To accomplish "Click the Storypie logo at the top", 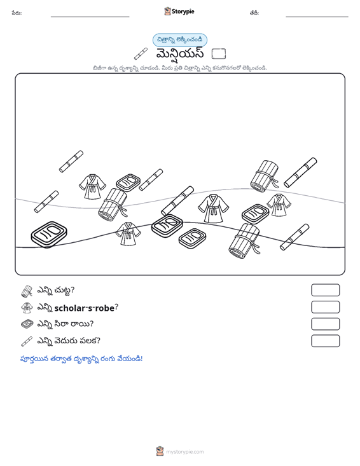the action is click(x=179, y=11).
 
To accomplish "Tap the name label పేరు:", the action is click(x=17, y=13).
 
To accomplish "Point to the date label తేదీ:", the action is click(x=254, y=13).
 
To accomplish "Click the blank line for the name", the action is click(x=90, y=17).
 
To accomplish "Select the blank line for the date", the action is click(x=317, y=17).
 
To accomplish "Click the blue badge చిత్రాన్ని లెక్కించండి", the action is click(x=180, y=40).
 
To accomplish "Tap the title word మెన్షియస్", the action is click(x=180, y=54).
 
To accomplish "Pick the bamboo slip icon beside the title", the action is click(x=141, y=54).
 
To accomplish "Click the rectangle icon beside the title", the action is click(x=219, y=54).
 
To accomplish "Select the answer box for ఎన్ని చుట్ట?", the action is click(x=325, y=290).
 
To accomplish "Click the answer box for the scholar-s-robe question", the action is click(x=325, y=307).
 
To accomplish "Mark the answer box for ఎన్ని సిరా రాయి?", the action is click(x=325, y=324).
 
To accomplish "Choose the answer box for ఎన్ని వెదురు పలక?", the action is click(x=325, y=341).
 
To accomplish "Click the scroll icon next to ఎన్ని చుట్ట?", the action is click(x=27, y=291).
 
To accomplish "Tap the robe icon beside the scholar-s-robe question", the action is click(x=27, y=308).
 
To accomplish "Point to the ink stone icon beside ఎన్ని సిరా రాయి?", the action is click(x=27, y=324).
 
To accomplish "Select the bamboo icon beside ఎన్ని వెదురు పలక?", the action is click(x=27, y=341).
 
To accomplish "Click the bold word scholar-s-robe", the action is click(x=85, y=308).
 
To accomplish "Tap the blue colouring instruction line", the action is click(x=81, y=359).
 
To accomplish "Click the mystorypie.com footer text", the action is click(x=184, y=452).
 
